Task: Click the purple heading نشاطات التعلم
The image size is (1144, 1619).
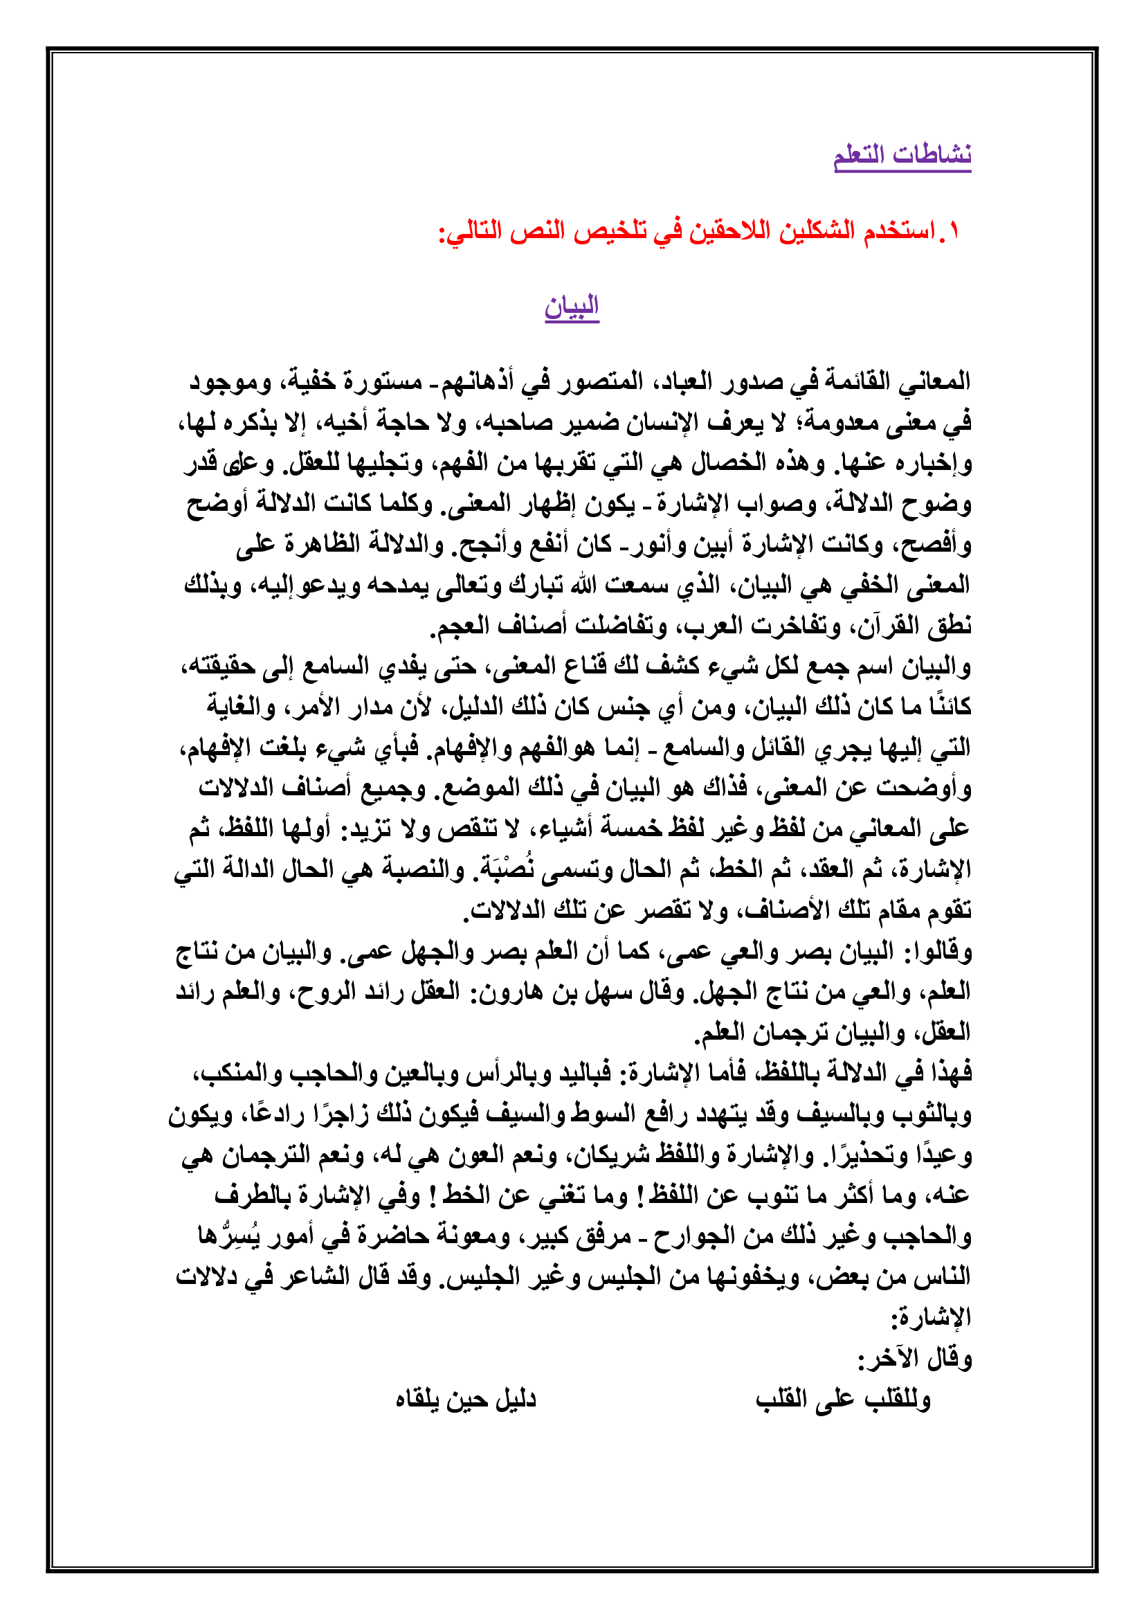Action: click(902, 154)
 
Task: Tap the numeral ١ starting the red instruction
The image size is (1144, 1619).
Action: click(953, 231)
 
